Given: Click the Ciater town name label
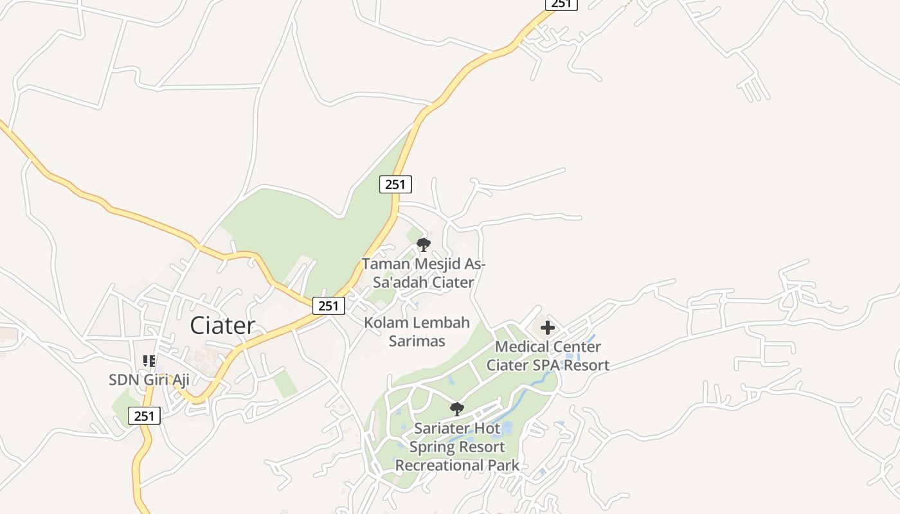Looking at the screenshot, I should (x=222, y=326).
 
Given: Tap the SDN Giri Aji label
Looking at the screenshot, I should (x=149, y=379).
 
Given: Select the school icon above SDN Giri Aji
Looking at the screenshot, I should (x=149, y=361).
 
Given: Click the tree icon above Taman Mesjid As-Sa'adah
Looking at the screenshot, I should (x=423, y=245).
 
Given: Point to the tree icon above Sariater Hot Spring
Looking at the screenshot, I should (x=456, y=409).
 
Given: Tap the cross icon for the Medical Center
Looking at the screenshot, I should (x=548, y=328).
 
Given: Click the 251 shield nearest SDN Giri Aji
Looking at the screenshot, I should (x=144, y=416).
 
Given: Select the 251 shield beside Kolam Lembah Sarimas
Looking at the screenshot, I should (x=328, y=306).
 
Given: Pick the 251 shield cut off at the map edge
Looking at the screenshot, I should (x=561, y=4).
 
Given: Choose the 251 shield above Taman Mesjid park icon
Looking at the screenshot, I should (x=395, y=184).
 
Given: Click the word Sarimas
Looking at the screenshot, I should (x=417, y=341).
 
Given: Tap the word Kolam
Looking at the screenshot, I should (x=384, y=323).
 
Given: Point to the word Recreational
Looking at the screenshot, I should (x=457, y=465).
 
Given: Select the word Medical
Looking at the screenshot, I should (x=520, y=347).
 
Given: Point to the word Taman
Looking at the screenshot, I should (x=384, y=263).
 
